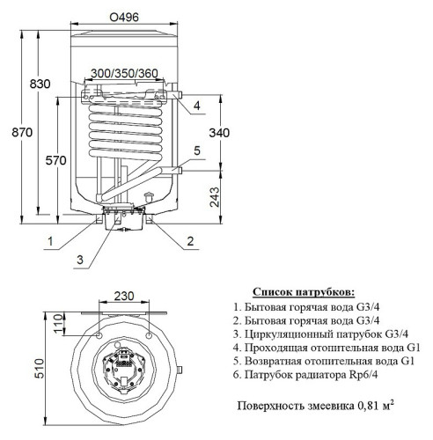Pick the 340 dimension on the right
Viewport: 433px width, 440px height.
click(x=224, y=133)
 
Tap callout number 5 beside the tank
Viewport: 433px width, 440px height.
click(x=197, y=150)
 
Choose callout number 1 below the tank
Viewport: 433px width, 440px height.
click(x=52, y=240)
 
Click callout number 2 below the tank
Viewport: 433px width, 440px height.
click(x=189, y=240)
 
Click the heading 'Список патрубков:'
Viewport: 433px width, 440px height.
click(x=305, y=290)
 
